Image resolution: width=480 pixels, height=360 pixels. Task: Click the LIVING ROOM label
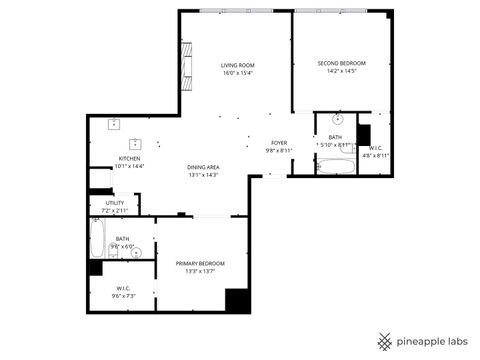coord(238,64)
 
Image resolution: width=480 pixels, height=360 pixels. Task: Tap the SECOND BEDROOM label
coord(342,63)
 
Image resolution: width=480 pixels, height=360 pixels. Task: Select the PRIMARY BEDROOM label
coord(200,263)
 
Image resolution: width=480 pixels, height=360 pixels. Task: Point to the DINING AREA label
coord(203,166)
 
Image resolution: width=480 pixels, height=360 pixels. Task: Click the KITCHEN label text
coord(130,158)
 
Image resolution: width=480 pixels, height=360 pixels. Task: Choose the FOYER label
coord(279,143)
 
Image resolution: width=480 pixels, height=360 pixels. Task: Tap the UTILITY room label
coord(115,203)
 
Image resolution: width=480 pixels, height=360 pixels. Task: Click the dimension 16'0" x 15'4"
coord(238,73)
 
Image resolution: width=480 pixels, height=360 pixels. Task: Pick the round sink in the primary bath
coord(138,252)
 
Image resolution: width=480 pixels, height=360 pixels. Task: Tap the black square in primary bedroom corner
coord(236,300)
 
